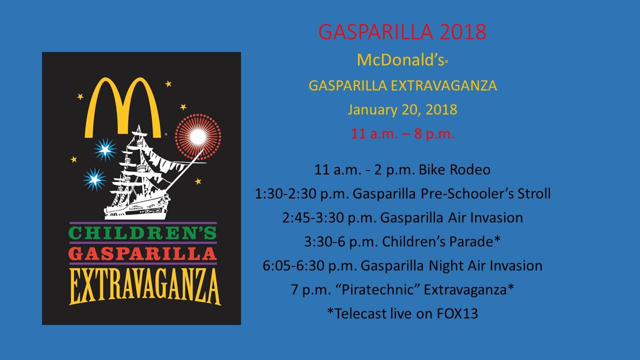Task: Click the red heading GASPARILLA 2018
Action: [402, 31]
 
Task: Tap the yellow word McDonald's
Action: [400, 60]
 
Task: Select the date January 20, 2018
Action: [402, 110]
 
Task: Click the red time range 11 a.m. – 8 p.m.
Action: [402, 133]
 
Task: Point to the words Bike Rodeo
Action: [454, 169]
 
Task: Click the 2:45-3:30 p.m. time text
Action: [329, 217]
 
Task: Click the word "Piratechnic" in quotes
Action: [376, 289]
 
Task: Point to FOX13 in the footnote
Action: [457, 313]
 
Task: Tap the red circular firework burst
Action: [198, 137]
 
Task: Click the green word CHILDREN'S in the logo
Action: [142, 232]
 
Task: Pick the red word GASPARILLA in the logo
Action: [142, 253]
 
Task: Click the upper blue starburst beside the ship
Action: [105, 149]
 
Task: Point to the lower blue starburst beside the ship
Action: [94, 179]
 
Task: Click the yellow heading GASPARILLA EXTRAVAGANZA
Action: [402, 85]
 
